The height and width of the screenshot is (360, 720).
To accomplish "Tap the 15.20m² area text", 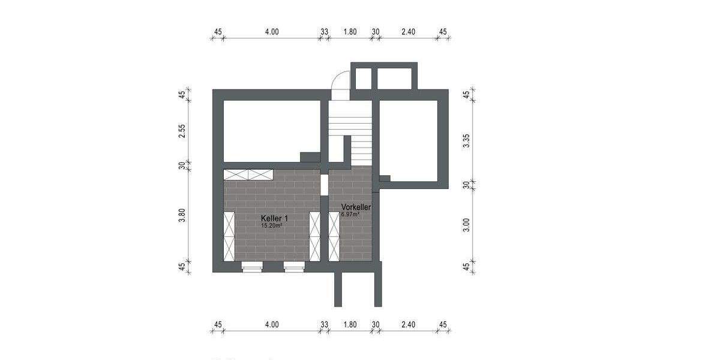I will pyautogui.click(x=272, y=226).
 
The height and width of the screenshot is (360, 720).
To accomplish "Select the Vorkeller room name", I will pyautogui.click(x=356, y=207).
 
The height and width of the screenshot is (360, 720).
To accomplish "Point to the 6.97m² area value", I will pyautogui.click(x=350, y=214).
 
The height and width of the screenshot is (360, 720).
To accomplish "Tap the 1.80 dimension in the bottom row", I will pyautogui.click(x=350, y=325).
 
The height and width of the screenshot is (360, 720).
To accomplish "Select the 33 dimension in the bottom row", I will pyautogui.click(x=324, y=325).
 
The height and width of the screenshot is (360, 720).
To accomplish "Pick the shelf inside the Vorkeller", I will pyautogui.click(x=334, y=236).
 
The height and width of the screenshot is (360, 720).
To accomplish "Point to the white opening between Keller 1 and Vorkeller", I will pyautogui.click(x=324, y=184).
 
